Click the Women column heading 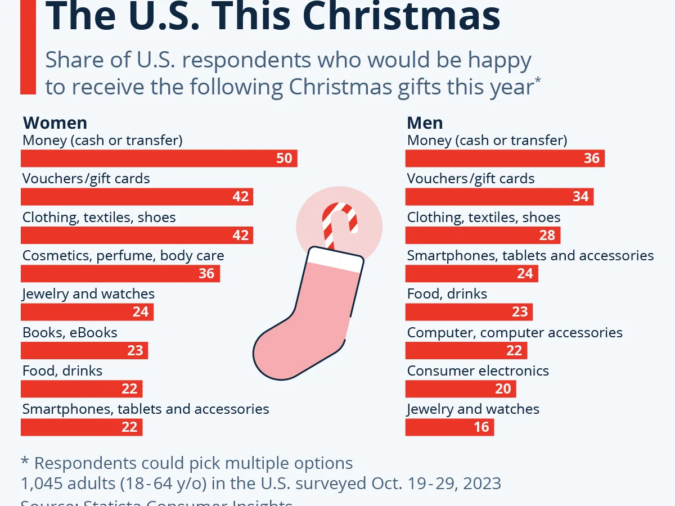55,123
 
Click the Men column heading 425,123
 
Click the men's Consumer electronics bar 460,389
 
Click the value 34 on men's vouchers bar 580,197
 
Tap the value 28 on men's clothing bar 547,235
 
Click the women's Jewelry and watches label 88,293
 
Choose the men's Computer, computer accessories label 515,332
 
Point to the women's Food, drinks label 62,371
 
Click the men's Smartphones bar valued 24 471,274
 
